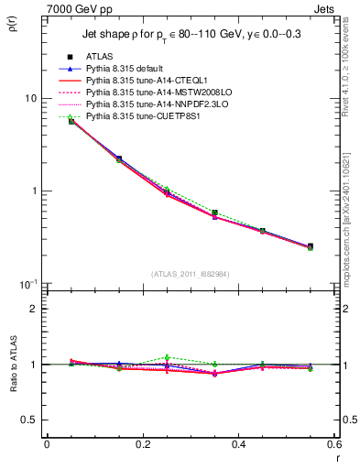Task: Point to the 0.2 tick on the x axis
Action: click(x=142, y=444)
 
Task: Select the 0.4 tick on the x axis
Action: click(x=238, y=444)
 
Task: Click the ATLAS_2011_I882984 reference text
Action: click(x=190, y=273)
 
